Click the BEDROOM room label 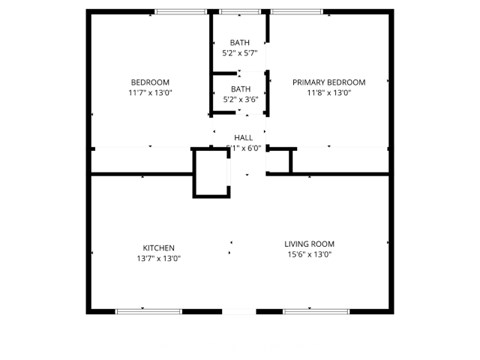coord(150,82)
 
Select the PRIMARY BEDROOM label coord(328,82)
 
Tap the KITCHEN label coord(158,247)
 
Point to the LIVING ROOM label coord(309,243)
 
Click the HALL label coord(243,137)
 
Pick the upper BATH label coord(240,42)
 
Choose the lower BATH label coord(240,88)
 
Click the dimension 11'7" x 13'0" coord(150,93)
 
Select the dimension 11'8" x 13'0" coord(328,93)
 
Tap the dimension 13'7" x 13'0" coord(158,258)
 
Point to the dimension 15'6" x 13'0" coord(309,254)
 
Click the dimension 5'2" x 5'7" coord(240,53)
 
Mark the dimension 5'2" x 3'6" coord(240,99)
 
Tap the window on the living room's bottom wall coord(316,311)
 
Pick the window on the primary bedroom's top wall coord(298,12)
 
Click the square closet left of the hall coord(212,172)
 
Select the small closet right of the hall coord(280,161)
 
